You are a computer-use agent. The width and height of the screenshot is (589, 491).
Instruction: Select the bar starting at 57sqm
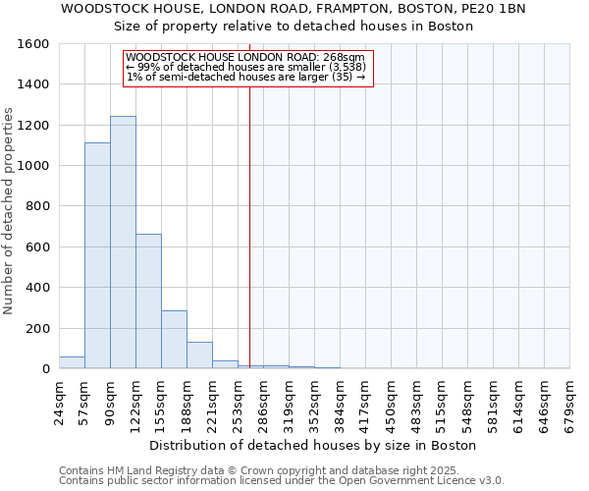pyautogui.click(x=97, y=255)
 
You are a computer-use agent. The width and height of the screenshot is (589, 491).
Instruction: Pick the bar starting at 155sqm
pyautogui.click(x=174, y=340)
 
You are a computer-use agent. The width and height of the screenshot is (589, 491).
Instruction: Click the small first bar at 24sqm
pyautogui.click(x=72, y=362)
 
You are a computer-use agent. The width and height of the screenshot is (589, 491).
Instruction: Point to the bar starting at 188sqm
pyautogui.click(x=199, y=355)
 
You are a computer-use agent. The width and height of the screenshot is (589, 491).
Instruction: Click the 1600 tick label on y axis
pyautogui.click(x=34, y=44)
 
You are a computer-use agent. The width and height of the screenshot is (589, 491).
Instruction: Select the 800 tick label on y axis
pyautogui.click(x=38, y=206)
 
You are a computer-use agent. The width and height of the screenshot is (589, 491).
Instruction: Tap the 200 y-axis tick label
pyautogui.click(x=38, y=328)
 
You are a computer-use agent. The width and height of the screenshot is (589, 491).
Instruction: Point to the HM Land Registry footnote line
pyautogui.click(x=253, y=470)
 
